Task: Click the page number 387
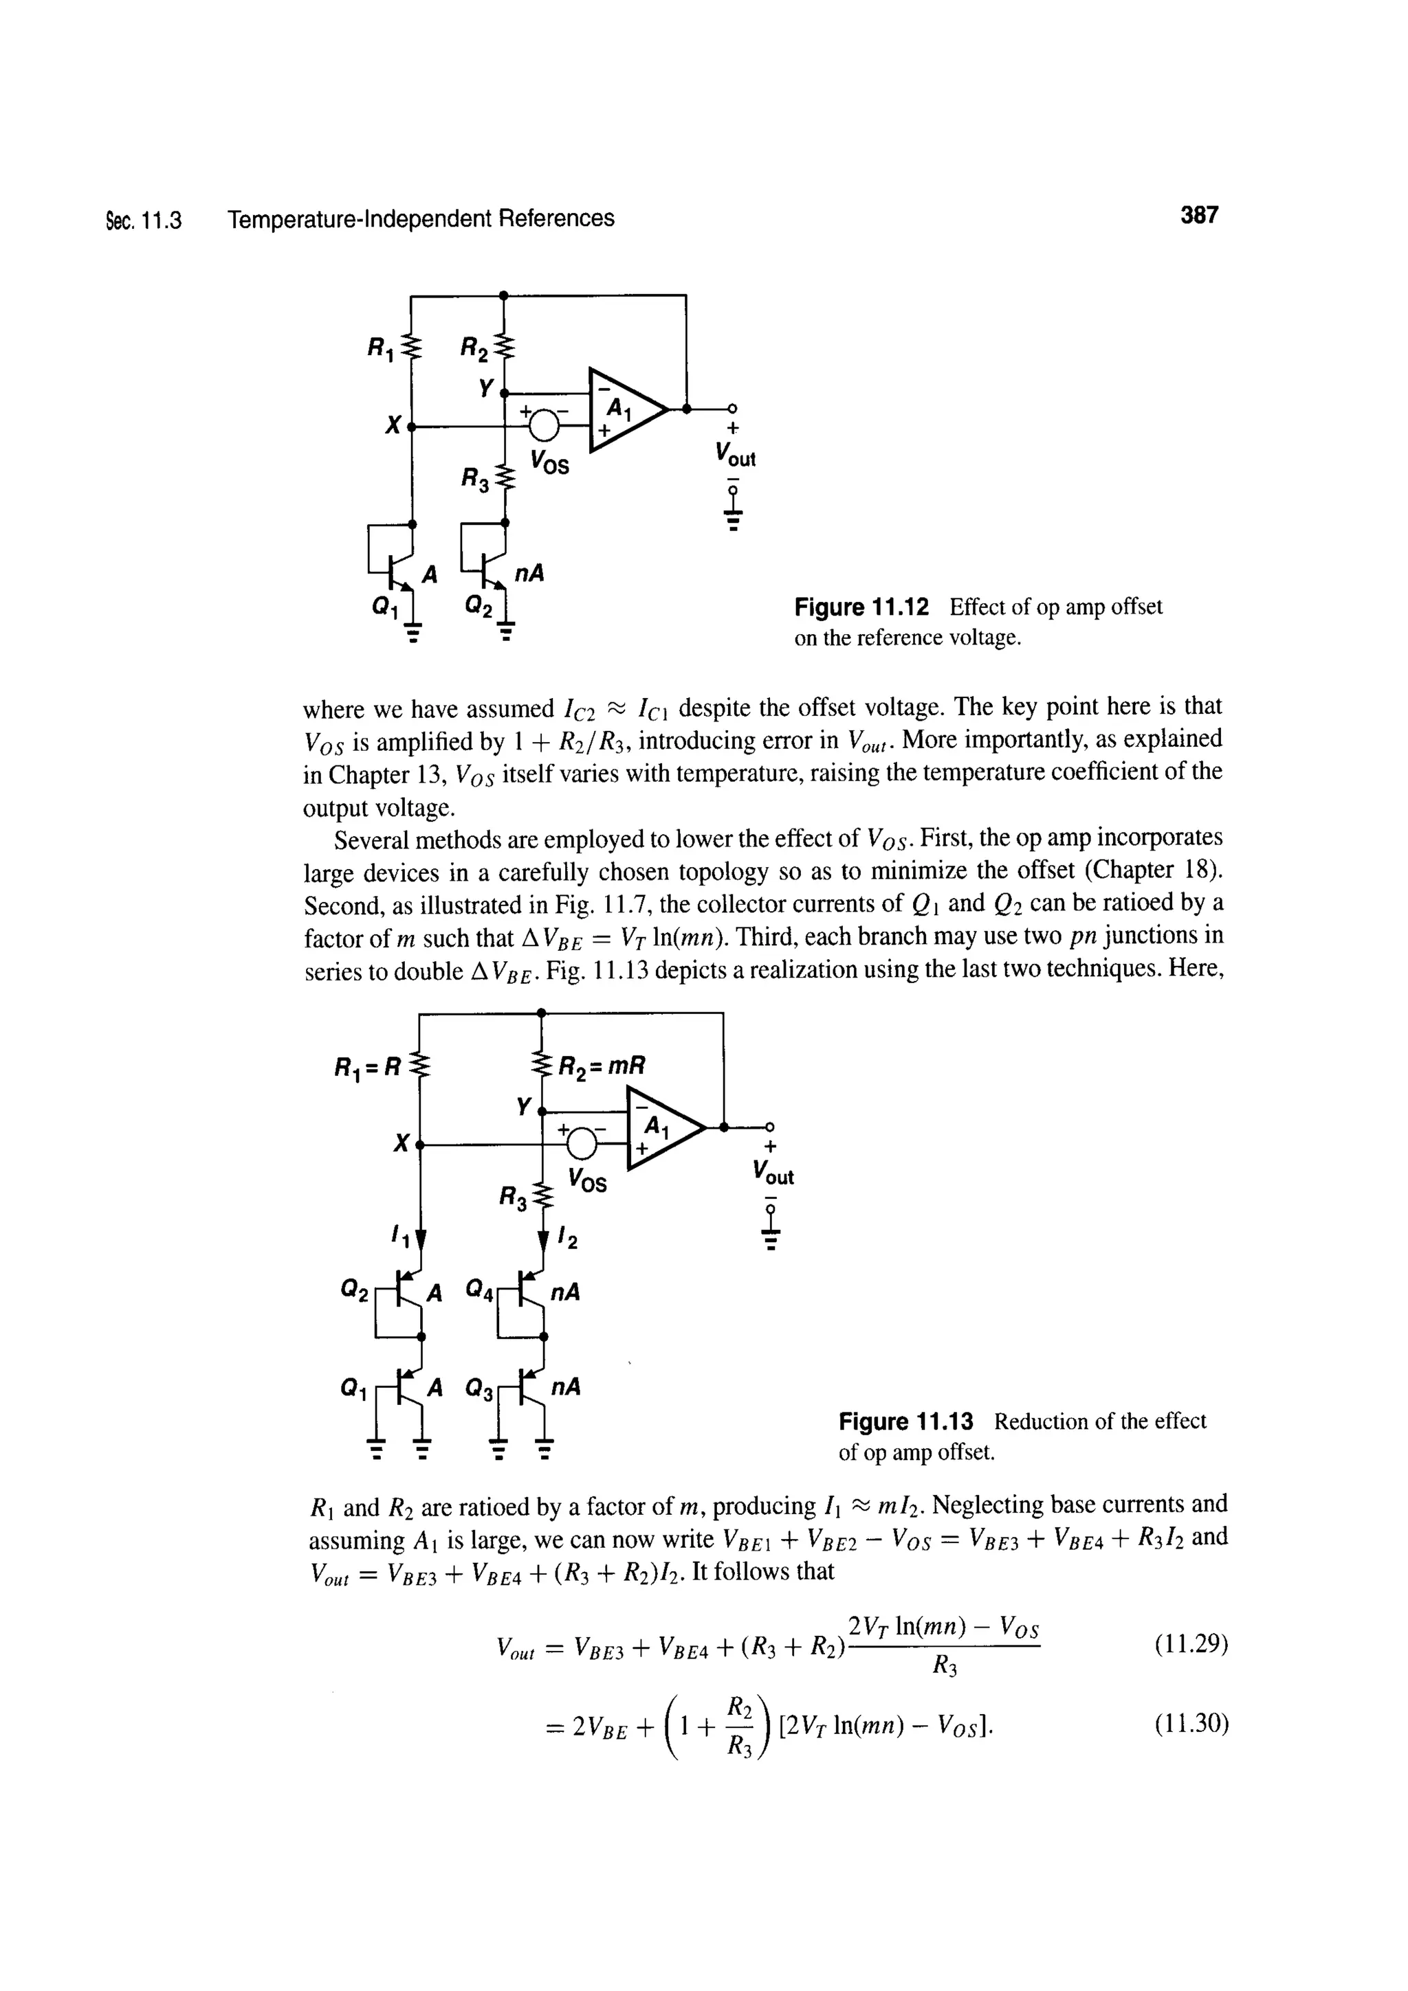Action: pos(1199,215)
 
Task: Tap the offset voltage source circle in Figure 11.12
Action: pos(544,425)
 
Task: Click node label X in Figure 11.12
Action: pos(394,425)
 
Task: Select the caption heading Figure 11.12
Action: pos(861,607)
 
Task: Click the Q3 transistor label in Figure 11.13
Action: pos(481,1388)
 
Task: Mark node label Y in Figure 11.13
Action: pos(522,1105)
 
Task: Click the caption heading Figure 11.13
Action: pos(905,1422)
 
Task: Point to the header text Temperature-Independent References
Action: pos(421,218)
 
